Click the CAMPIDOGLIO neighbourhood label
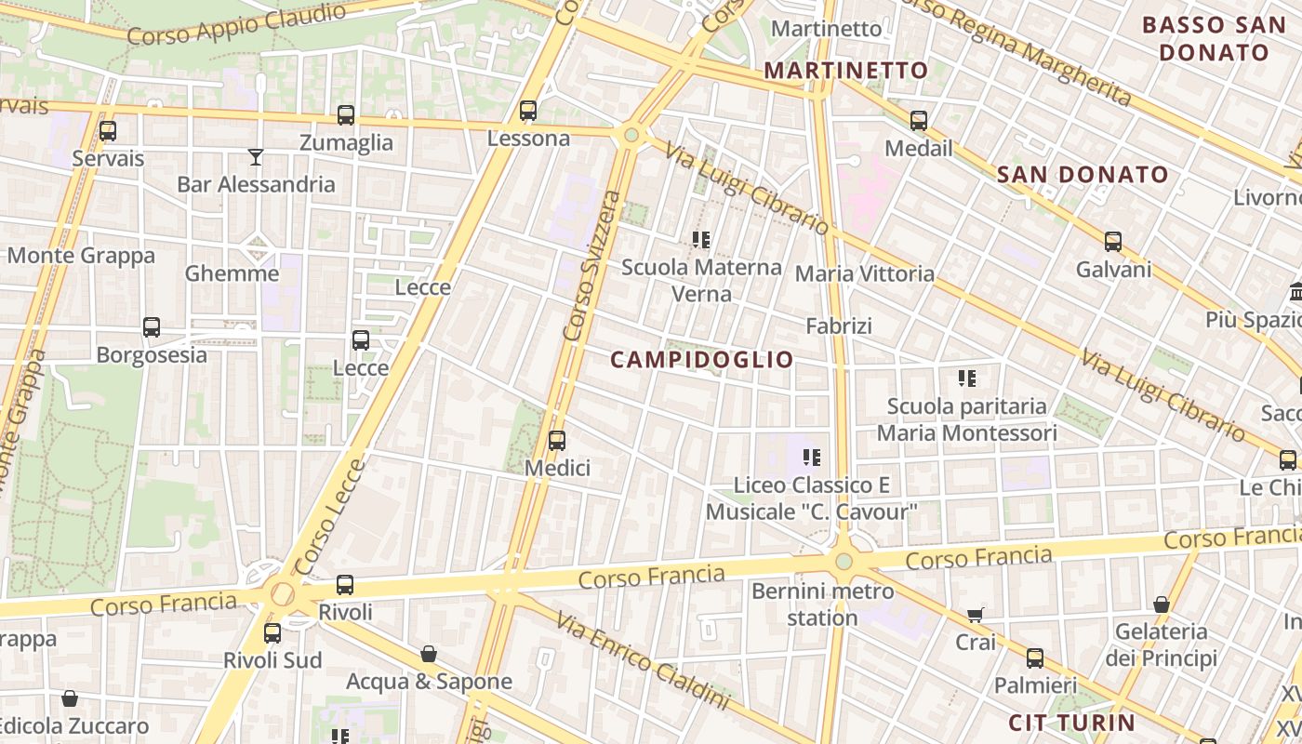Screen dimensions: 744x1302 pos(702,360)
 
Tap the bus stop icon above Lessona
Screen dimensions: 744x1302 pos(528,111)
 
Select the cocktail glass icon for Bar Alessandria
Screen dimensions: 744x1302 pos(256,156)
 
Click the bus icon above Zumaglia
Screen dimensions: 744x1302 pos(346,115)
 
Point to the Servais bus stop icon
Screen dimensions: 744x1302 pos(108,131)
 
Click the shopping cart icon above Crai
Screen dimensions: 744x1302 pos(975,615)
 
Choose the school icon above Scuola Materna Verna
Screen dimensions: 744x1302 pos(701,240)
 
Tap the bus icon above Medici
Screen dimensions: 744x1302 pos(557,440)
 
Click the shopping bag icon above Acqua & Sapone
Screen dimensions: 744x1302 pos(429,655)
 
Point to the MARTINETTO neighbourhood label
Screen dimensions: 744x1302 pos(845,70)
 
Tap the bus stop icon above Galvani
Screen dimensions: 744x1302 pos(1113,242)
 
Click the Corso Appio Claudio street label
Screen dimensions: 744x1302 pos(236,24)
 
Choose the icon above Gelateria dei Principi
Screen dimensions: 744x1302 pos(1161,605)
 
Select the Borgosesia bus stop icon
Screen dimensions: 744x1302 pos(152,327)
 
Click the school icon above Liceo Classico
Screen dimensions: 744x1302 pos(812,458)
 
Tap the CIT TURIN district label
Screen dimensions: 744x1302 pos(1071,723)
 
